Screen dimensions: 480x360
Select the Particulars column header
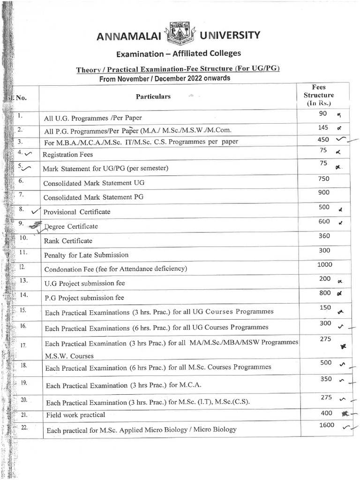(153, 97)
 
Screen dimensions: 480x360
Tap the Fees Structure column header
(319, 95)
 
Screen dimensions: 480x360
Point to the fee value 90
(323, 113)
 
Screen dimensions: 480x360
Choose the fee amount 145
(323, 127)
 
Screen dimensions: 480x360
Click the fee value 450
(323, 139)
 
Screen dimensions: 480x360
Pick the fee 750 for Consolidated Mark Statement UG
(323, 179)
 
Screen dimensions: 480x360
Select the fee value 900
(323, 193)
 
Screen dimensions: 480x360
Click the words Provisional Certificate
(77, 212)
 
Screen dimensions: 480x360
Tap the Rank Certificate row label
(68, 241)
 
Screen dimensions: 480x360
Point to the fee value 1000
(324, 265)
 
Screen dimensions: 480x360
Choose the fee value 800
(324, 293)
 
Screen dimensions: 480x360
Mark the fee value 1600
(327, 425)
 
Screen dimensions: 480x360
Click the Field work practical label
(75, 415)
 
